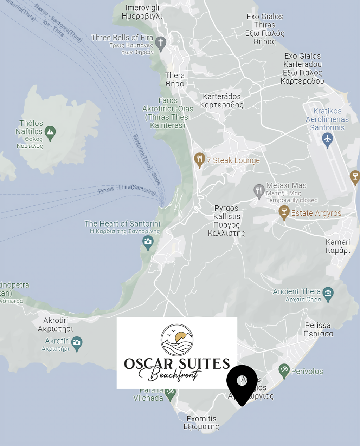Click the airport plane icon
click(327, 139)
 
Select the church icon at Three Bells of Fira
click(161, 43)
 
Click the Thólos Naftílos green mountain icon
click(50, 132)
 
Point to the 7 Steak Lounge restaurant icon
click(199, 159)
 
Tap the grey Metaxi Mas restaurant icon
click(259, 191)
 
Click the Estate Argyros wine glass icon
click(284, 212)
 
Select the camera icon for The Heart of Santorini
click(148, 242)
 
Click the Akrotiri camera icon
click(77, 343)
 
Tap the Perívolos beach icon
click(284, 370)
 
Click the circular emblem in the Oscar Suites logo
click(177, 340)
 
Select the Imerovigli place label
click(142, 12)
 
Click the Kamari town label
click(338, 246)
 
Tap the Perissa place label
click(318, 329)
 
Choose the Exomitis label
click(201, 423)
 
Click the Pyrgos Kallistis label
click(226, 221)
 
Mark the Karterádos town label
click(221, 101)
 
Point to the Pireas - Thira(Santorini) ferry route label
click(127, 189)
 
